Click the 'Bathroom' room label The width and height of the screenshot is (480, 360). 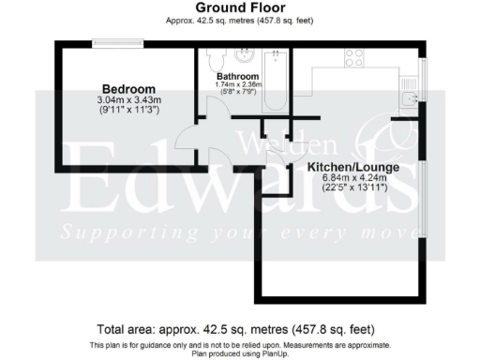pos(236,75)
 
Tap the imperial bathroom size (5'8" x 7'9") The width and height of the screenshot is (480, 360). pos(236,93)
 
